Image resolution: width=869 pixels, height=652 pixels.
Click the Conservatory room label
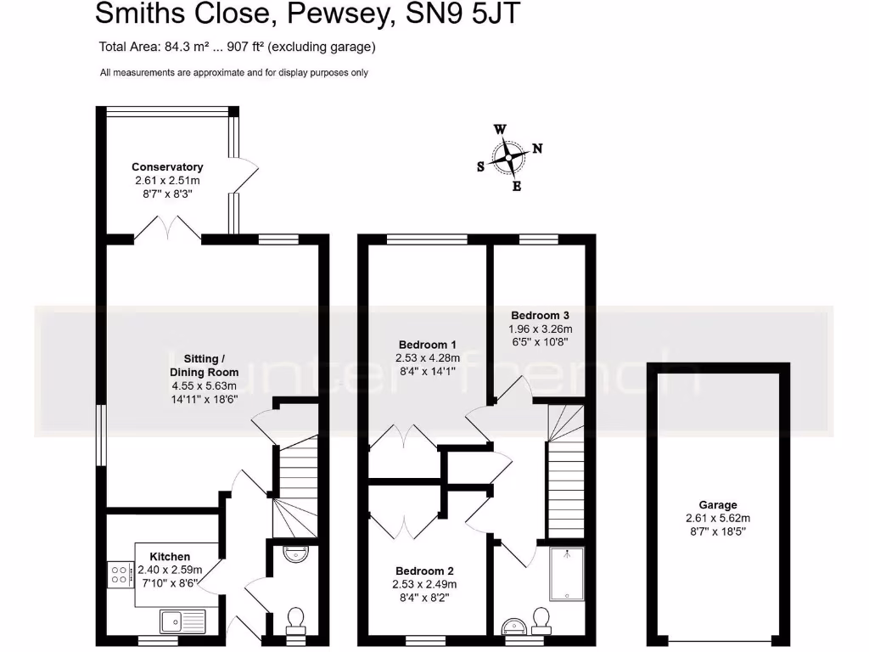[167, 167]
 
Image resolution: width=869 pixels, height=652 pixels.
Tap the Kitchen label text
[170, 557]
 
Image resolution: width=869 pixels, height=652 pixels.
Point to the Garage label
[718, 504]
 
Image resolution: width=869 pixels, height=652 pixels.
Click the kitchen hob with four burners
[120, 574]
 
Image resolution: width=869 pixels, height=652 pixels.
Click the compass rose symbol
[508, 157]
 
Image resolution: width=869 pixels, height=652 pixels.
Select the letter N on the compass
[537, 149]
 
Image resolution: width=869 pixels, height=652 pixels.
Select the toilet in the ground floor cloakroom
[296, 618]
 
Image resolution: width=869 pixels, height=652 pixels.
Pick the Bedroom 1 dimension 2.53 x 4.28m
[429, 358]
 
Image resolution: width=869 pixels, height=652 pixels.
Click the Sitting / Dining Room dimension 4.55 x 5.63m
[204, 385]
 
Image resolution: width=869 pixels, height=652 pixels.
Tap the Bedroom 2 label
[424, 570]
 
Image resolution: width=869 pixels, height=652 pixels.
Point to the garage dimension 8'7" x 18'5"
[718, 531]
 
